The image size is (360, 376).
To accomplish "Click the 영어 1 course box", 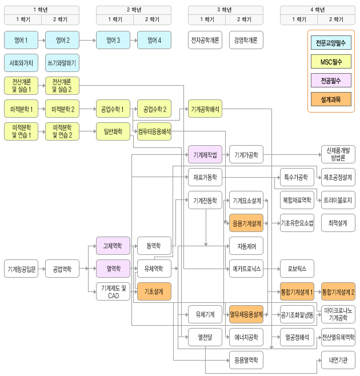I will point(21,41).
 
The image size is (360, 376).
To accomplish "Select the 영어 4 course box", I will point(154,41).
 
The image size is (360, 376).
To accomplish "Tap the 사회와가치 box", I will point(21,63).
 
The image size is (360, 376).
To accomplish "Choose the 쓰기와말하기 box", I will point(62,63).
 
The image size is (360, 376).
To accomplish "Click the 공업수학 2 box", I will point(154,109).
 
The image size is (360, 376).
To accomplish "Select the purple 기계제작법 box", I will point(205,154).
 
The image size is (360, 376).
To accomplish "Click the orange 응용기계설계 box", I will point(246,223).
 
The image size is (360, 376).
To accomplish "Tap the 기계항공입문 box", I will point(21,269).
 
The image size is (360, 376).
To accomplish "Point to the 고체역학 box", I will point(113,246).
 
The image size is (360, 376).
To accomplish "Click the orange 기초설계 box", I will point(154,291).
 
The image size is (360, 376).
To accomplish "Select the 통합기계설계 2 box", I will point(338,291).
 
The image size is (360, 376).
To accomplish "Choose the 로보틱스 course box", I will point(297,269).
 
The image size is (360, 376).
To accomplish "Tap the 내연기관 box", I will point(338,360).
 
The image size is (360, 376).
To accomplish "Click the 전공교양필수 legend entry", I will point(331,43).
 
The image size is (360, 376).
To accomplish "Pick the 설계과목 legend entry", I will point(331,99).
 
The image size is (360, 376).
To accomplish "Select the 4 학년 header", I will point(317,10).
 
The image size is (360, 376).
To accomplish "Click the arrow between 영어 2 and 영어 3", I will point(87,41).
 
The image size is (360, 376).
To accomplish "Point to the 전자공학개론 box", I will point(205,41).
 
